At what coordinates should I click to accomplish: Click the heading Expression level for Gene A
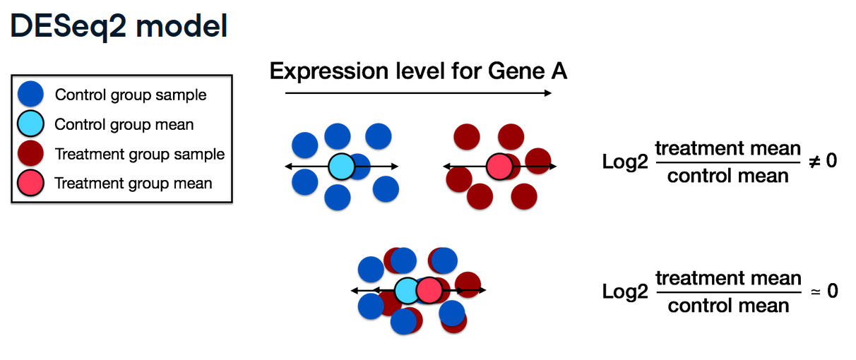click(x=419, y=71)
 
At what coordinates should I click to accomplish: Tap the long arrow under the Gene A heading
click(x=418, y=93)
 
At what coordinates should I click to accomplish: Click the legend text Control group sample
click(x=131, y=95)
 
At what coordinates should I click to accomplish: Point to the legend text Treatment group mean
click(x=133, y=184)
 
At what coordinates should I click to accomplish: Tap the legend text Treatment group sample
click(x=140, y=154)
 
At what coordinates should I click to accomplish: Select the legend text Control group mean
click(x=124, y=125)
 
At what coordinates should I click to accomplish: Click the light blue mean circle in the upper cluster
click(x=341, y=167)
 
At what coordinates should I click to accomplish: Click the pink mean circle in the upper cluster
click(x=499, y=167)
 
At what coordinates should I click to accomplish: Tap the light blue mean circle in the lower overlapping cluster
click(x=406, y=290)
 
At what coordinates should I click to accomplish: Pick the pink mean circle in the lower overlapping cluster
click(x=428, y=290)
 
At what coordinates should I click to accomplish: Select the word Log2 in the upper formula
click(x=625, y=162)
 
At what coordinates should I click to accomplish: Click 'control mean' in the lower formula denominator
click(x=728, y=306)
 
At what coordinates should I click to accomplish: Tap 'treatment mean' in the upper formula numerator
click(x=728, y=148)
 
